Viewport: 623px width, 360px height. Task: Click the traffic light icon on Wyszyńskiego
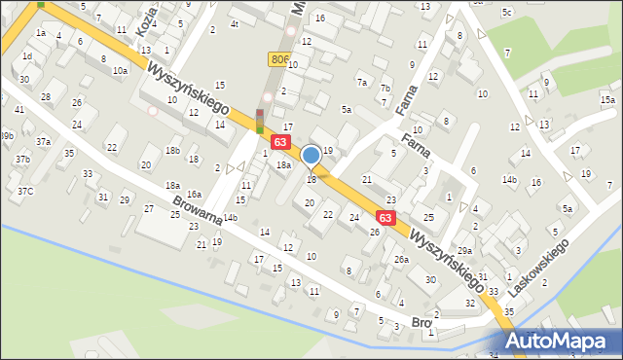[260, 120]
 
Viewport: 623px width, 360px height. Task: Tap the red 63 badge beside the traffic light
[280, 143]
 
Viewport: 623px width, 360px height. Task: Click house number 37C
[24, 191]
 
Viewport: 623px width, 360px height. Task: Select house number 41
[19, 110]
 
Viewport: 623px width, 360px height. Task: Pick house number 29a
[465, 251]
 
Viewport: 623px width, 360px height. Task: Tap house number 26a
[401, 260]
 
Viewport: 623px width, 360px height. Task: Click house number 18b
[172, 150]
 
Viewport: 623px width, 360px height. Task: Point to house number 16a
[194, 195]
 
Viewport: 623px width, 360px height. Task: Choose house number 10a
[119, 71]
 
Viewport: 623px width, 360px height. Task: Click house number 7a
[362, 82]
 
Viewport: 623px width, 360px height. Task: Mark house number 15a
[607, 100]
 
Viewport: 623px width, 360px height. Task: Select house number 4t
[234, 23]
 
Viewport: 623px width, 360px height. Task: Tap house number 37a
[44, 142]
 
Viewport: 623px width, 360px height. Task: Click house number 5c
[506, 12]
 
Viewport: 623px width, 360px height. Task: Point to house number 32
[471, 303]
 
